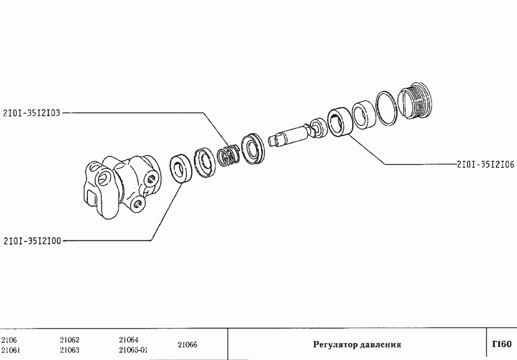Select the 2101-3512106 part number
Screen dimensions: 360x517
[485, 164]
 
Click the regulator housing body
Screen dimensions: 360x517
[118, 185]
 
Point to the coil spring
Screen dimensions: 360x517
[229, 155]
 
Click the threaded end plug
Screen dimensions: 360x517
[416, 101]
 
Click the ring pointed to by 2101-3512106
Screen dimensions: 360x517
[339, 124]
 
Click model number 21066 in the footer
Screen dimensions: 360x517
[187, 345]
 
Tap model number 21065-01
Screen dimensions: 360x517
[133, 350]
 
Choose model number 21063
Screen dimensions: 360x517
[70, 350]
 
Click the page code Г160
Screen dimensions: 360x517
[501, 344]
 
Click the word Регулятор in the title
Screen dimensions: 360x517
[333, 345]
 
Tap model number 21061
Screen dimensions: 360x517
[11, 350]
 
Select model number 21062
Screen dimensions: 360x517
[70, 340]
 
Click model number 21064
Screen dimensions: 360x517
[129, 340]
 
